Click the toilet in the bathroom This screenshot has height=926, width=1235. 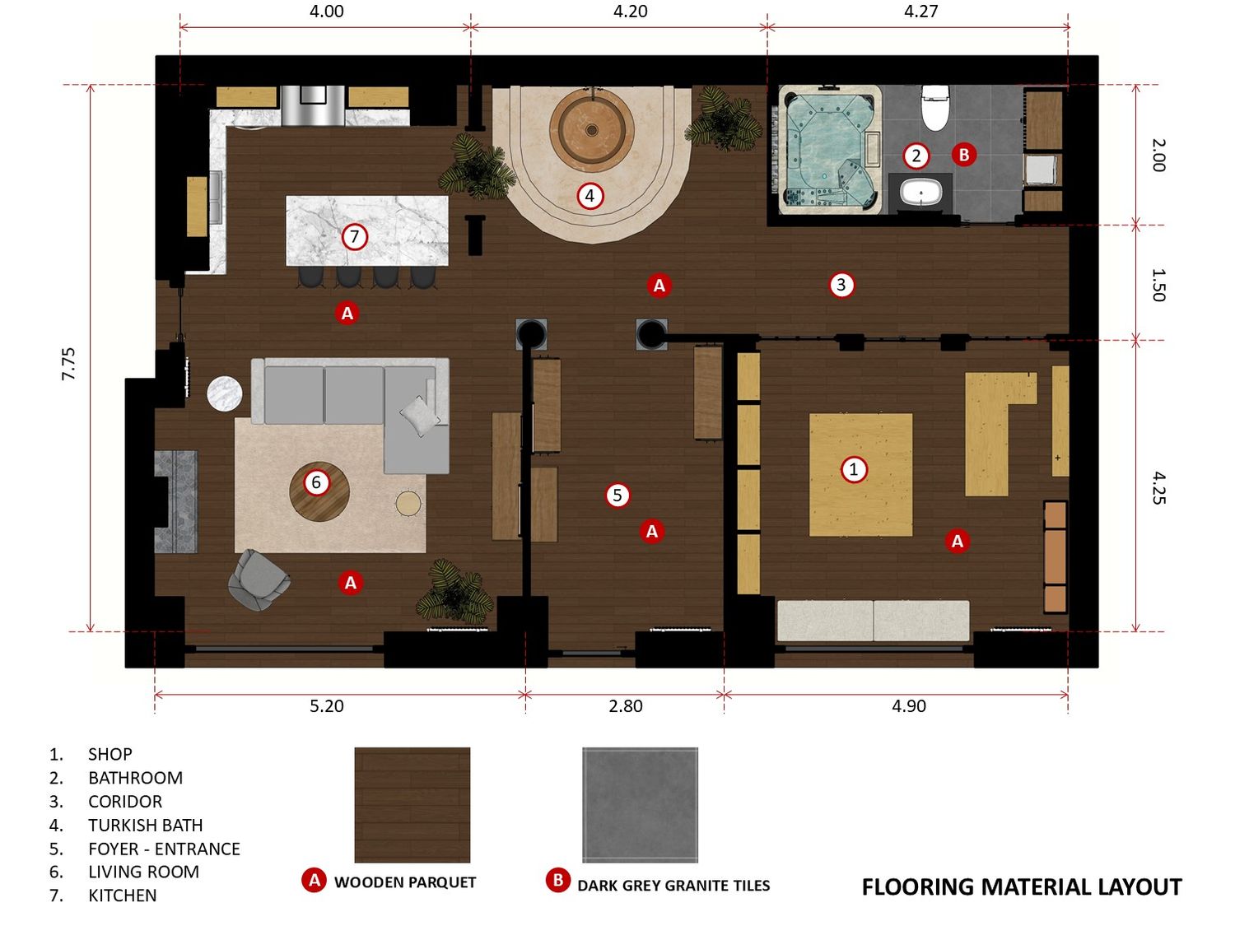[934, 107]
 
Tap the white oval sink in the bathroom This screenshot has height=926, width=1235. [920, 193]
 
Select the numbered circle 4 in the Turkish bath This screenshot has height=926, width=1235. [590, 196]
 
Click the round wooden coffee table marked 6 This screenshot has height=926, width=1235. [319, 491]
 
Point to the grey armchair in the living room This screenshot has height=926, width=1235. [259, 579]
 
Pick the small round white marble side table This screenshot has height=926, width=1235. [225, 393]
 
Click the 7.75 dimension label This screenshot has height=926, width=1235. [68, 364]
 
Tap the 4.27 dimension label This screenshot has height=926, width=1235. [920, 11]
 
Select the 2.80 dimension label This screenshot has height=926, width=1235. [625, 705]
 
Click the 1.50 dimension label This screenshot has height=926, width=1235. [1158, 285]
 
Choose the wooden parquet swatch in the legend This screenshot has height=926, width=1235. [412, 804]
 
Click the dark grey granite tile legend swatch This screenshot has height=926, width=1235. [640, 804]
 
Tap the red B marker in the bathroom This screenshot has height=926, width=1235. [964, 154]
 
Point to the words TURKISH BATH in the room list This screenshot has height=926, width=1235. [145, 825]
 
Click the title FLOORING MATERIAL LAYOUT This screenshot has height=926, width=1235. [1022, 887]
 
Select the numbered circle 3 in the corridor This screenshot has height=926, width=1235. [841, 285]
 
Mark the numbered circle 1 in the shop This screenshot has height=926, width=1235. [854, 469]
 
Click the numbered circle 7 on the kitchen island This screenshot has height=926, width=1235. [355, 237]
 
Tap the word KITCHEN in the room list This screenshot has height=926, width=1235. [122, 895]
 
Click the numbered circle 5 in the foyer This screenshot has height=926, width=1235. [617, 496]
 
